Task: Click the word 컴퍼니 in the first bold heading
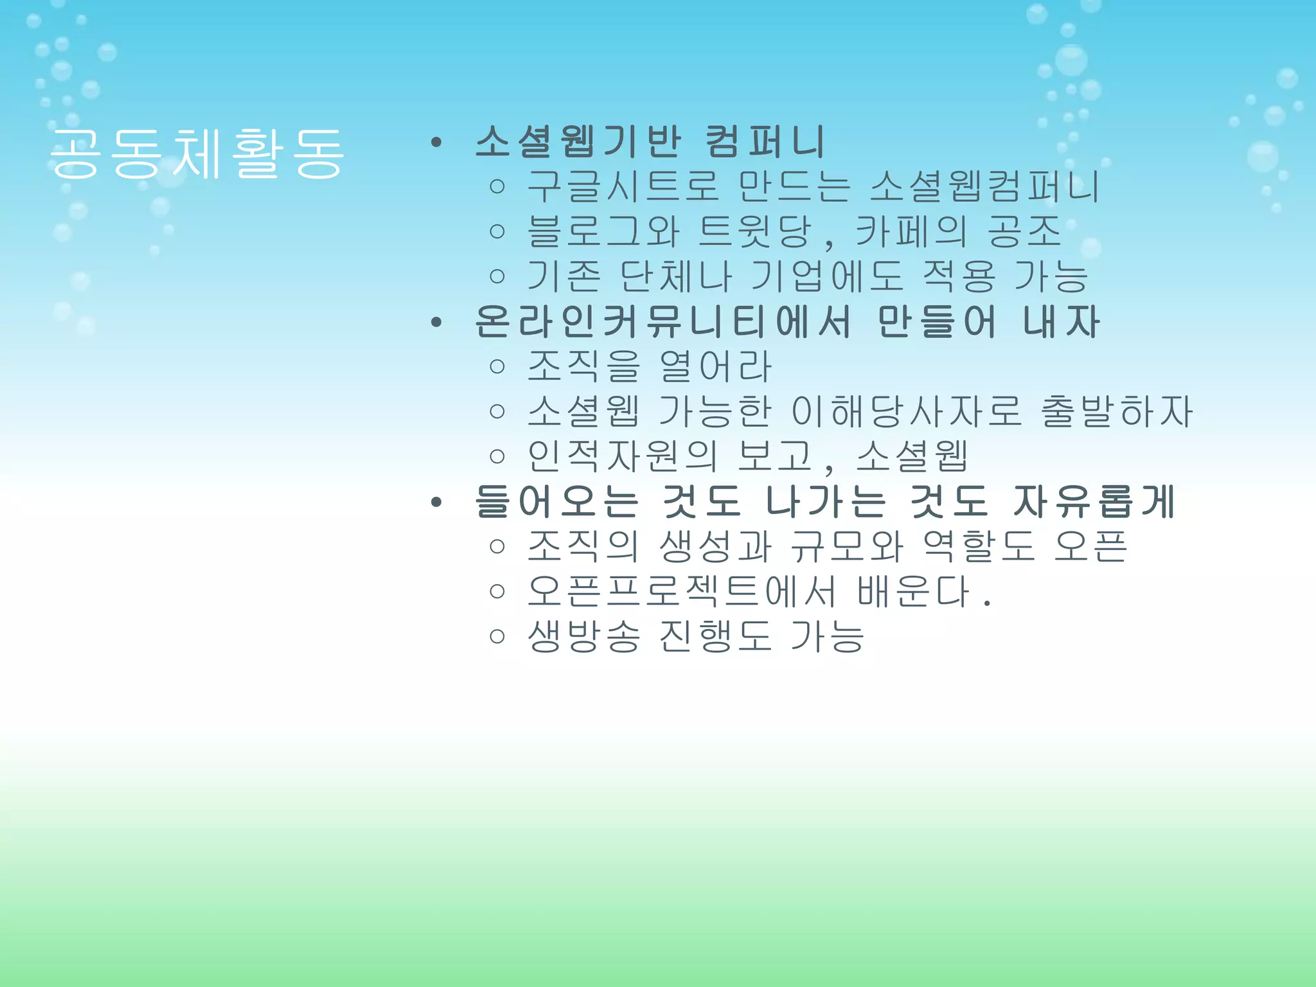coord(765,141)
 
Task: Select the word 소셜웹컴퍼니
coord(984,186)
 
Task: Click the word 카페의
coord(910,231)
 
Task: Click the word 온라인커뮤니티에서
coord(662,321)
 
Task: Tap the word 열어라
coord(715,366)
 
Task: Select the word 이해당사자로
coord(906,411)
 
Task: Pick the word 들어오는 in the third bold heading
coord(556,501)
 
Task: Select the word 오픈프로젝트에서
coord(682,591)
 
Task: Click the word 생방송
coord(583,636)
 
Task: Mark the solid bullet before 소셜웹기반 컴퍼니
coord(437,143)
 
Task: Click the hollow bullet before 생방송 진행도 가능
coord(497,636)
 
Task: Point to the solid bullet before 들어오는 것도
coord(437,502)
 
